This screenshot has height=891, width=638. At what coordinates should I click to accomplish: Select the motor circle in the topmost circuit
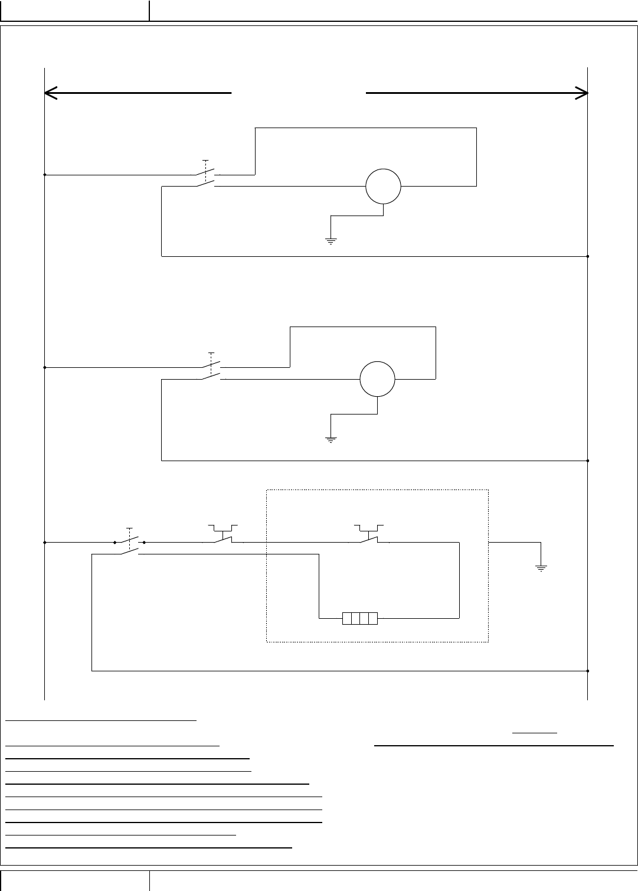[x=383, y=187]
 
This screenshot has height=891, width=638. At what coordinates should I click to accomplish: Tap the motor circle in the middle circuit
[x=378, y=378]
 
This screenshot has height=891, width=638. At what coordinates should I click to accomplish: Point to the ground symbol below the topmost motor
[x=331, y=241]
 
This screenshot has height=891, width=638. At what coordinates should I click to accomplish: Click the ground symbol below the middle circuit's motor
[x=331, y=439]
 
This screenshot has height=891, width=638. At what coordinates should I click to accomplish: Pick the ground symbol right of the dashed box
[x=541, y=568]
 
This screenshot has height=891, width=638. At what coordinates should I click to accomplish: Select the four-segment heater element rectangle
[x=360, y=619]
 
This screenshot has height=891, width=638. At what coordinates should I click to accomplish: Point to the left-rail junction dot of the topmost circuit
[x=45, y=175]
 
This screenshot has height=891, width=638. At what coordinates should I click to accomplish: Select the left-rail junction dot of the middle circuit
[x=45, y=367]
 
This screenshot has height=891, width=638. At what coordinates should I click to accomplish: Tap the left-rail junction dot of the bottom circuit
[x=45, y=541]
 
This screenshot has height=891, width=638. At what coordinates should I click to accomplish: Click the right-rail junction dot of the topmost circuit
[x=588, y=257]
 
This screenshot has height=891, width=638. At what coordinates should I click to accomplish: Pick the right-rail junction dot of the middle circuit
[x=588, y=461]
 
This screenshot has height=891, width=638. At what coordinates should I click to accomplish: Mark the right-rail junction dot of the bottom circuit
[x=588, y=671]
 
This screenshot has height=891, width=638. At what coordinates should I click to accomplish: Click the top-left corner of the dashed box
[x=267, y=489]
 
